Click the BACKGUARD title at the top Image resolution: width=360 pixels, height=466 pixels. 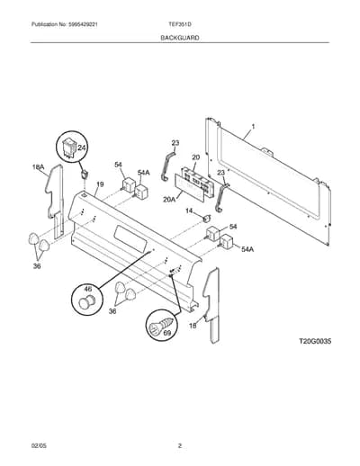coord(180,38)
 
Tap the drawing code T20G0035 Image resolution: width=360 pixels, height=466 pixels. coord(315,341)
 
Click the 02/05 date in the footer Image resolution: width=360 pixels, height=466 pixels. coord(39,446)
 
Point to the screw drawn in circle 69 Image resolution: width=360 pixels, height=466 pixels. coord(161,326)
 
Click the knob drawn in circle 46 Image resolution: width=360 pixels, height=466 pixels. coord(85,301)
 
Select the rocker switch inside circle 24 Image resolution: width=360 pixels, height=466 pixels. coord(67,148)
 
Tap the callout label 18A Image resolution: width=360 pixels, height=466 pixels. coord(39,167)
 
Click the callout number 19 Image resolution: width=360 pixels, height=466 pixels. coord(100,184)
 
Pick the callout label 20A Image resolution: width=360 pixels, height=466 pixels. coord(169,199)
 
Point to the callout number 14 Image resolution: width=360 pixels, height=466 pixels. coord(189,211)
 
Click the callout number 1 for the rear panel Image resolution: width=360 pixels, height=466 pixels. coord(253,127)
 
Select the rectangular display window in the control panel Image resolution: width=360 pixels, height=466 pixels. coord(130,237)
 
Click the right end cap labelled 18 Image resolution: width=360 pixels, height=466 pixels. coord(212,303)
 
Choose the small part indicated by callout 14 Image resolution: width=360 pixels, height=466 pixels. coord(206,219)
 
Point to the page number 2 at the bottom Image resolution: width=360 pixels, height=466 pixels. coord(180,446)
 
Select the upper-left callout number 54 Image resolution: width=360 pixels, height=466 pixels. coord(119,165)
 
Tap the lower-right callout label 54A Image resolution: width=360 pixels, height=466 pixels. coord(247,249)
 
